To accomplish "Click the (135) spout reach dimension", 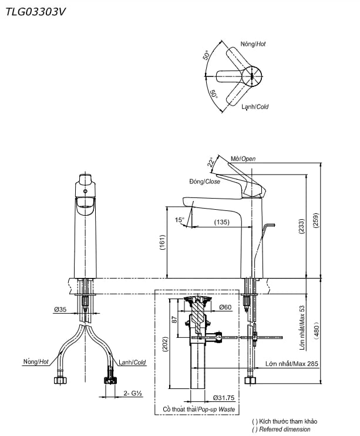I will pyautogui.click(x=221, y=222).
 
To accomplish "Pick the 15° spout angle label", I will pyautogui.click(x=180, y=220).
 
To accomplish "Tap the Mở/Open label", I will pyautogui.click(x=243, y=159).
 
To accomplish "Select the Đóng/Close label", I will pyautogui.click(x=204, y=182).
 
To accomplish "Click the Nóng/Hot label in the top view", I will pyautogui.click(x=253, y=44).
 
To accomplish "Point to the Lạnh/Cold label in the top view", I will pyautogui.click(x=254, y=107).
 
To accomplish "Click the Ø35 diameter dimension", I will pyautogui.click(x=60, y=308).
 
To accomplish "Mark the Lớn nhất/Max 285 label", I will pyautogui.click(x=292, y=364).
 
